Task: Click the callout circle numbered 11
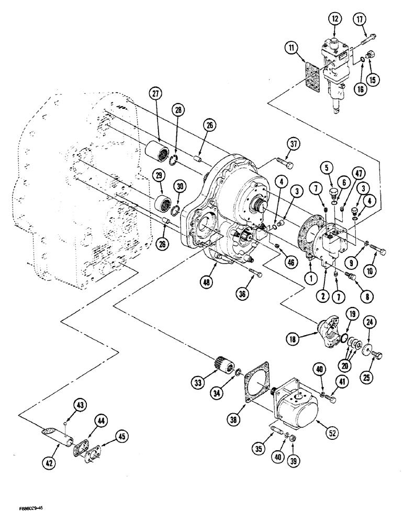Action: pos(292,49)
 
